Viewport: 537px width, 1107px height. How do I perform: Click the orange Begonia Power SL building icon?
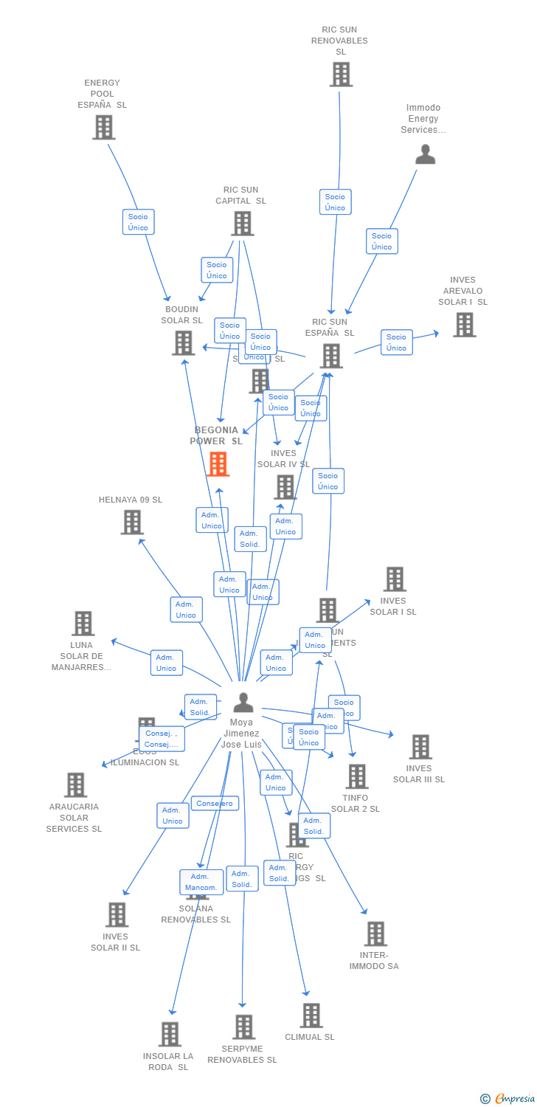218,464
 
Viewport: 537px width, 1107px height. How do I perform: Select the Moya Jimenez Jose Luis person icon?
243,703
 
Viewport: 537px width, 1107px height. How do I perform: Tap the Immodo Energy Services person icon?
426,154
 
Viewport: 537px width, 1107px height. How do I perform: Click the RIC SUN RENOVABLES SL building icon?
341,75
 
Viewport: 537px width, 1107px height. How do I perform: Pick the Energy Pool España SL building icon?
104,127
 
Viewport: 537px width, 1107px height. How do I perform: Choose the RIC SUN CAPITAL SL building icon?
242,223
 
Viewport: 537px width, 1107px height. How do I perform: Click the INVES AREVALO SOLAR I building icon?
464,325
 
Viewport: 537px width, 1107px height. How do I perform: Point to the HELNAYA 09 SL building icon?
132,522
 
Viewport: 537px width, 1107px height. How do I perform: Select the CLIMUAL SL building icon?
311,1015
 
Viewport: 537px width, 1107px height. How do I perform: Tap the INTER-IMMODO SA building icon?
375,934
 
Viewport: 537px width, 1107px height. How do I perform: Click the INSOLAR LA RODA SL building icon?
170,1034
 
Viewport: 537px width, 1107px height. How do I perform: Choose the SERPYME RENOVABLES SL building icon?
243,1027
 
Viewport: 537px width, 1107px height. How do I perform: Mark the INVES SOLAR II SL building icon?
117,914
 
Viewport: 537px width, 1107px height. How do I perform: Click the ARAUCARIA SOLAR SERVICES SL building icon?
75,784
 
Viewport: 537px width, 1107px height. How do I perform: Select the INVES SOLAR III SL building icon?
420,747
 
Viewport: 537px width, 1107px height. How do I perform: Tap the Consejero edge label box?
215,803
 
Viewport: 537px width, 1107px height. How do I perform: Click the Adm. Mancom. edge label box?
201,882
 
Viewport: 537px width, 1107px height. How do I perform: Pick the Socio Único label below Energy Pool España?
138,222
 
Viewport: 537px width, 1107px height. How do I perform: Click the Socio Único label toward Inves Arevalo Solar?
396,342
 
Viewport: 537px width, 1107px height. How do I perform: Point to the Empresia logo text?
514,1099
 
